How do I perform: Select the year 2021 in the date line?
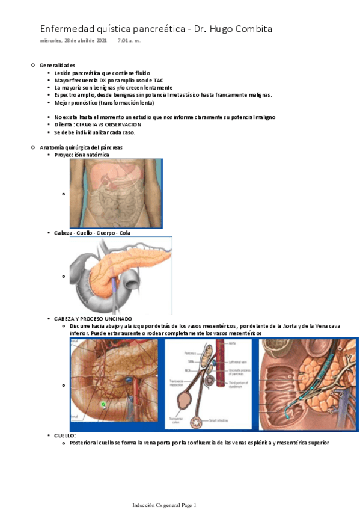click(x=99, y=41)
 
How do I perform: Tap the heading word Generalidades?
click(x=57, y=64)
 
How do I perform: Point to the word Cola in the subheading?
click(x=124, y=232)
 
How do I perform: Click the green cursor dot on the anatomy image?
click(x=103, y=405)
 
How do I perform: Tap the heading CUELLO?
click(x=65, y=435)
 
